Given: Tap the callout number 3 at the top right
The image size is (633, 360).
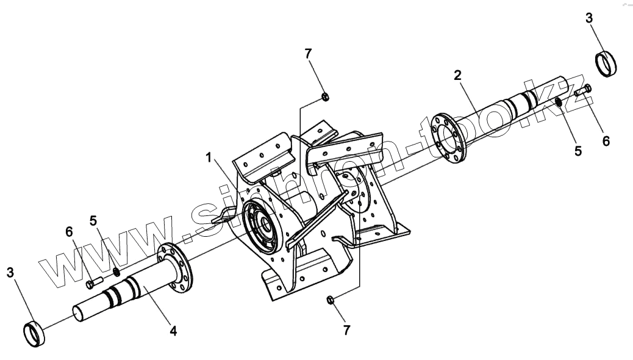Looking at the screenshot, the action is click(x=588, y=18).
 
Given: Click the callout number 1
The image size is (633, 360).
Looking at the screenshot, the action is click(x=209, y=158).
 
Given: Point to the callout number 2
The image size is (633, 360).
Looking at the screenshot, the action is click(x=457, y=76).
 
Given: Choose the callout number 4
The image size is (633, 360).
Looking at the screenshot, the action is click(x=173, y=331).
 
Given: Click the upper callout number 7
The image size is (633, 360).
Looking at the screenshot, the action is click(x=308, y=54).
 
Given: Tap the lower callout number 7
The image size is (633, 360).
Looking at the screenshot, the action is click(x=347, y=330).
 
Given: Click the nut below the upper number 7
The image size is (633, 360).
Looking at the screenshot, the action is click(x=326, y=96).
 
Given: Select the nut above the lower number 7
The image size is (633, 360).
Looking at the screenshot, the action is click(x=330, y=299).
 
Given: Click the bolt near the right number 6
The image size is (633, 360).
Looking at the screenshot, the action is click(x=582, y=92).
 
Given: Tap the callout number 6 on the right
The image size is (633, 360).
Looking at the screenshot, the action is click(x=606, y=141).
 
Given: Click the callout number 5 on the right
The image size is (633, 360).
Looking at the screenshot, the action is click(x=578, y=149).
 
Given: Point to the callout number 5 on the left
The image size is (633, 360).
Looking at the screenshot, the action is click(x=93, y=219).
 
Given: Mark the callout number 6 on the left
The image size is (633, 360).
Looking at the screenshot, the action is click(x=69, y=232).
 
